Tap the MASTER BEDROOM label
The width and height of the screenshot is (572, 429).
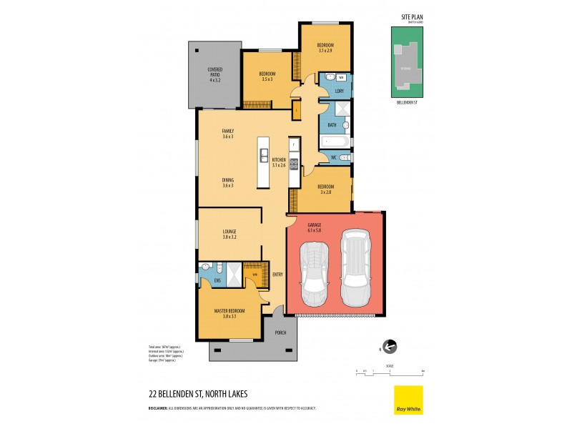[229, 313]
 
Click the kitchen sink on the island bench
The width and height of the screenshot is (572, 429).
[264, 156]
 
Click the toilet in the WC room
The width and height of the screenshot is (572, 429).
[344, 157]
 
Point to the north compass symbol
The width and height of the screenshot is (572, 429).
[389, 347]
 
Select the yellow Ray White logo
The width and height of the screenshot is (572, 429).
[408, 400]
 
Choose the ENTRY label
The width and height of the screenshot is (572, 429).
[277, 273]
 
